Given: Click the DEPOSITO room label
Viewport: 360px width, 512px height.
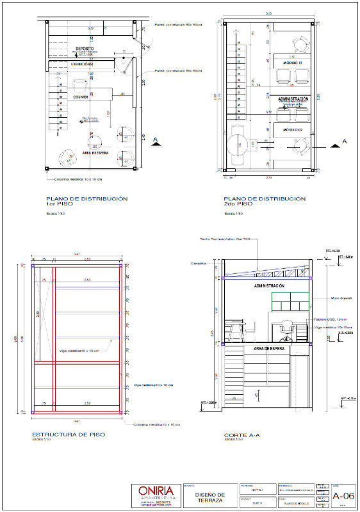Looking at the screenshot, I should (85, 49).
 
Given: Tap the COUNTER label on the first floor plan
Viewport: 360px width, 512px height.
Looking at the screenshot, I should (80, 97).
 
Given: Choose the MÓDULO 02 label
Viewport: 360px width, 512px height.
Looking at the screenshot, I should (293, 129).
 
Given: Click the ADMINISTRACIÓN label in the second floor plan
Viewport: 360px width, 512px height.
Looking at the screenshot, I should (293, 99).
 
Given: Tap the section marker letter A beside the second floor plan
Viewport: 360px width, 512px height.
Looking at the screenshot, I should (344, 140).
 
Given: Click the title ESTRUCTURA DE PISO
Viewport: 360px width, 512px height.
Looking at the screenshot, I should (69, 435).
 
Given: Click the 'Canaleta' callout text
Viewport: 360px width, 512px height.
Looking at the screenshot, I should (198, 263).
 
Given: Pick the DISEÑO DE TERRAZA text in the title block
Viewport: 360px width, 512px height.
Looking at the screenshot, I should (209, 497).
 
